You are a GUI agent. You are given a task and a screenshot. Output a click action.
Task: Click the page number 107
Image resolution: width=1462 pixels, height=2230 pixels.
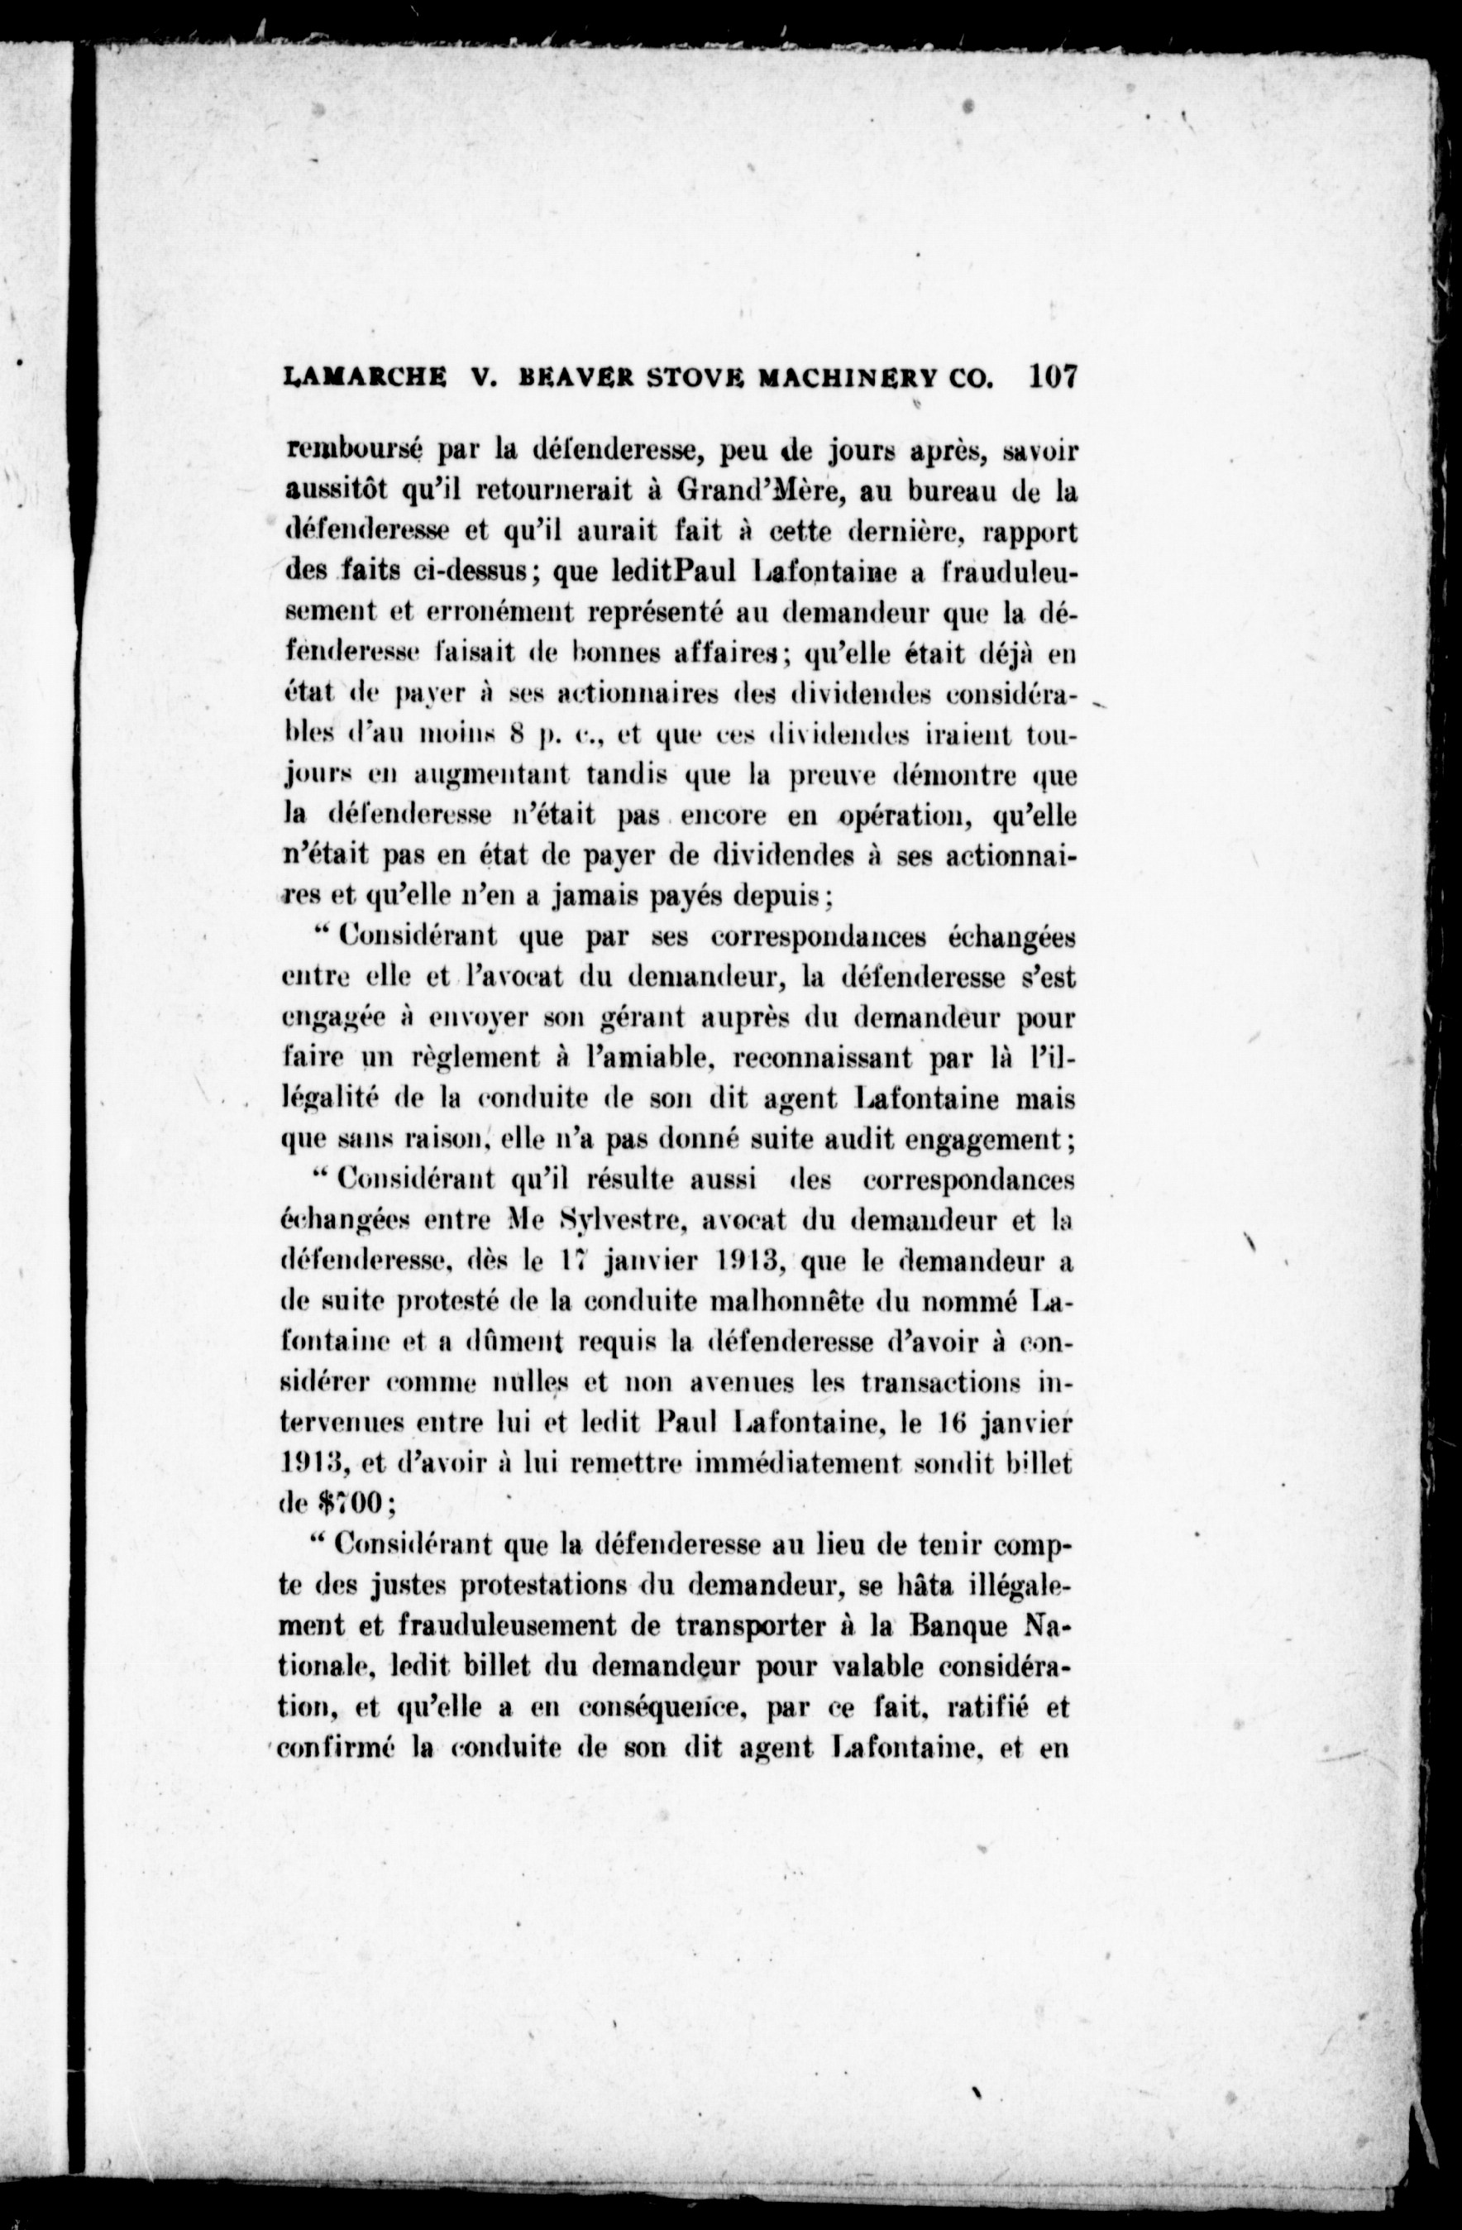1054,376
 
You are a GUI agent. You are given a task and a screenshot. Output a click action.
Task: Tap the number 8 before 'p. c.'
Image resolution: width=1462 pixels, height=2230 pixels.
514,735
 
